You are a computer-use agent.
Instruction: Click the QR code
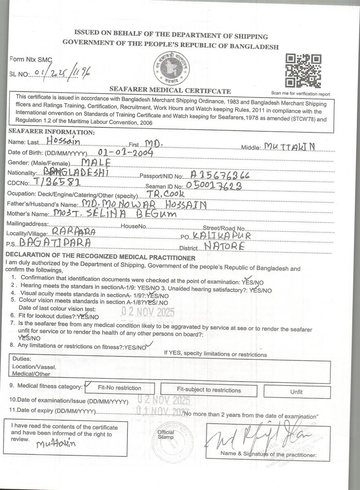point(303,71)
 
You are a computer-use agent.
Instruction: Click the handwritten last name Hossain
point(63,141)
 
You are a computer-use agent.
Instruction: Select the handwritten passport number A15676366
point(220,175)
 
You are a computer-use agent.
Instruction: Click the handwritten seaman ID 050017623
point(214,186)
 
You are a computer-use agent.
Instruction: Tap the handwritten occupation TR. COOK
point(166,194)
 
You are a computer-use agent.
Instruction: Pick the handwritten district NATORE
point(225,247)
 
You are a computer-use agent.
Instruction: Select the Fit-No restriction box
point(119,388)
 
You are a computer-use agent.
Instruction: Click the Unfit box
point(296,392)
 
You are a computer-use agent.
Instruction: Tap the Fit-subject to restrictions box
point(209,390)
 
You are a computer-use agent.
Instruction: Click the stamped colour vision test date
point(148,312)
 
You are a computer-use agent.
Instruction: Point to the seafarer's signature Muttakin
point(56,444)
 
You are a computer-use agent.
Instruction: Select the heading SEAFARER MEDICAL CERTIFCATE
point(170,91)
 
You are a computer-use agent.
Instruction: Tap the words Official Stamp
point(166,434)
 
